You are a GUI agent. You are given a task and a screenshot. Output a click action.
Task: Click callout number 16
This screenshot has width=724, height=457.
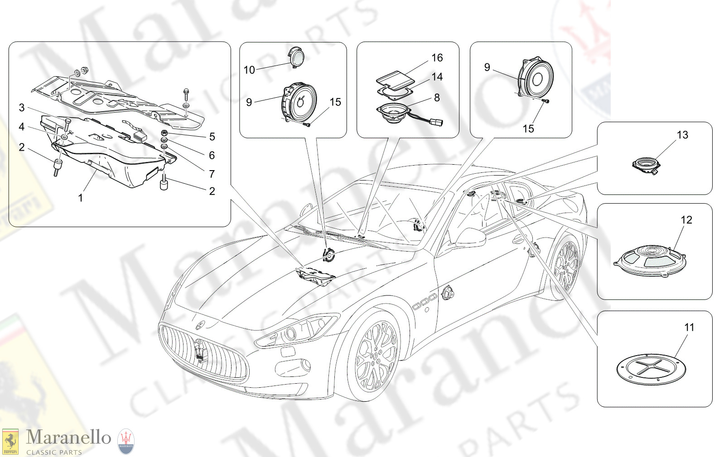pyautogui.click(x=437, y=58)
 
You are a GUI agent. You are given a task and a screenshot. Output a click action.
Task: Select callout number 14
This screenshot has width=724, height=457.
pyautogui.click(x=437, y=77)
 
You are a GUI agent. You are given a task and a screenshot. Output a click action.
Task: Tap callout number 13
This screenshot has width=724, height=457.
pyautogui.click(x=682, y=135)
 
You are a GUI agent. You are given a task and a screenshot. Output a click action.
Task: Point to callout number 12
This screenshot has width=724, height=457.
pyautogui.click(x=686, y=220)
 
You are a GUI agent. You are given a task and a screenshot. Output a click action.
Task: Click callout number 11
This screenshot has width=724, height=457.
pyautogui.click(x=689, y=327)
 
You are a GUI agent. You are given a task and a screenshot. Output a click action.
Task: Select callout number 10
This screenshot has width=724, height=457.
pyautogui.click(x=249, y=70)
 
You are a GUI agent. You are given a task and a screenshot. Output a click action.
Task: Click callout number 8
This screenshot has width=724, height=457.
pyautogui.click(x=437, y=98)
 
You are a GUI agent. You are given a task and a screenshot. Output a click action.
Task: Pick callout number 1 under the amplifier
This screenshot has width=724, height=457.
pyautogui.click(x=80, y=198)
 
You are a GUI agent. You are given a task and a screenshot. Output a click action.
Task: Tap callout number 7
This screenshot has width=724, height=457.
pyautogui.click(x=212, y=174)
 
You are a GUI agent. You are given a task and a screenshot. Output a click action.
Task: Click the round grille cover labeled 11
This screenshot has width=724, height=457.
pyautogui.click(x=651, y=369)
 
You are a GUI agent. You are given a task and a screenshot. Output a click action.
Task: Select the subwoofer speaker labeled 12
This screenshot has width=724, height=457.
pyautogui.click(x=650, y=261)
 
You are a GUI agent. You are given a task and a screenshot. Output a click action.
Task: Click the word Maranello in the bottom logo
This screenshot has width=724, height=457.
pyautogui.click(x=68, y=438)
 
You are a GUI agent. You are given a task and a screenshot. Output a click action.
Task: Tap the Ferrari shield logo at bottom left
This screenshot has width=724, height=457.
pyautogui.click(x=10, y=441)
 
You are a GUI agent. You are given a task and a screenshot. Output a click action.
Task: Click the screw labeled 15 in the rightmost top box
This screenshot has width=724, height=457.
pyautogui.click(x=546, y=101)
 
